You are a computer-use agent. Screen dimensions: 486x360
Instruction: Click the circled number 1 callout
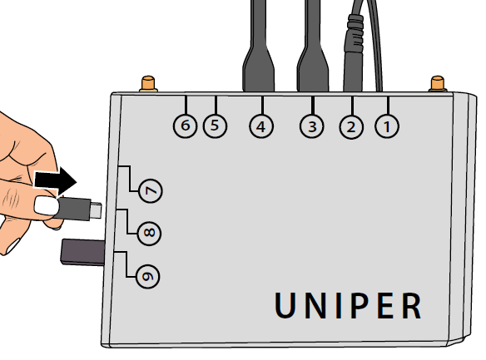[387, 126]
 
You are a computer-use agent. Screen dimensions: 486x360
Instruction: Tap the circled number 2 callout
[351, 127]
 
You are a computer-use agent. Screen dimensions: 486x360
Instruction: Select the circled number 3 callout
[312, 126]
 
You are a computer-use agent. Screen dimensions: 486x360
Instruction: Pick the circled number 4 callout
[261, 126]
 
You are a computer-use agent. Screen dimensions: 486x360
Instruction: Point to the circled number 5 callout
[215, 126]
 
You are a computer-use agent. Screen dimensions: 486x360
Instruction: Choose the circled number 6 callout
[185, 126]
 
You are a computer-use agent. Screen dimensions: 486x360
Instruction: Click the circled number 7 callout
[151, 190]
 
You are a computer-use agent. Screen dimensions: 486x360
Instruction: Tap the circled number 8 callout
[149, 233]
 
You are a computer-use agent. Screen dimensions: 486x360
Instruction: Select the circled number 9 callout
[148, 276]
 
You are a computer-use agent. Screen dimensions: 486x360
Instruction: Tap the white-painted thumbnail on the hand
[47, 205]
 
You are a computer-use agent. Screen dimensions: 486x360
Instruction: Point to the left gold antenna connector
[148, 84]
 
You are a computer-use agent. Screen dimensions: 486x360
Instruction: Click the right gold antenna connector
[438, 84]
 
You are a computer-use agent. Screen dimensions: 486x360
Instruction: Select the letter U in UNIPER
[285, 305]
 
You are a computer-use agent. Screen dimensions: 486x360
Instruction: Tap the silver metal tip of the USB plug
[96, 210]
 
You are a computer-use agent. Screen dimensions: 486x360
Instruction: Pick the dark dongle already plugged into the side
[83, 252]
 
